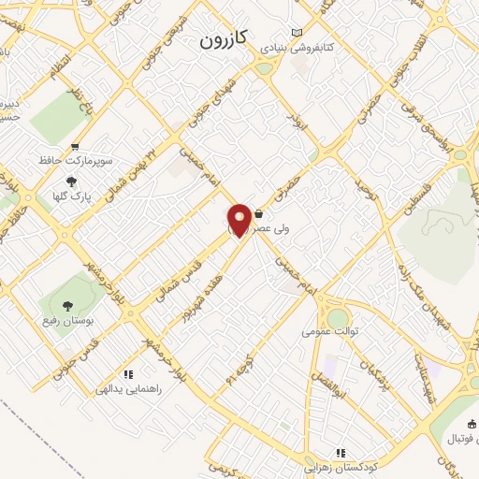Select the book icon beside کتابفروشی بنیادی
(298, 31)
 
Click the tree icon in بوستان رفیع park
(68, 305)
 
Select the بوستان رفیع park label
(71, 320)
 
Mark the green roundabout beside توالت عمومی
(338, 319)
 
